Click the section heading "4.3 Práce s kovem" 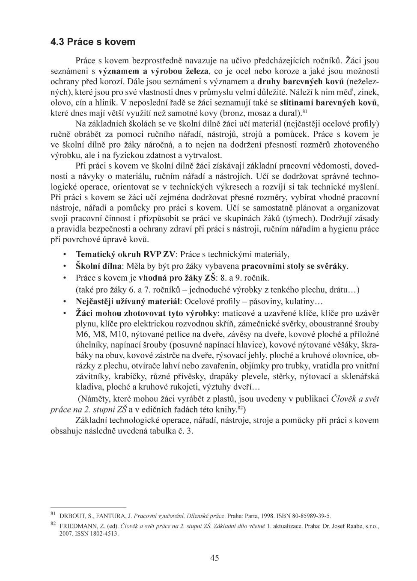[92, 42]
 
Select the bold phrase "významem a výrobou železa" [153, 71]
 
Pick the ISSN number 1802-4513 [104, 534]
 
